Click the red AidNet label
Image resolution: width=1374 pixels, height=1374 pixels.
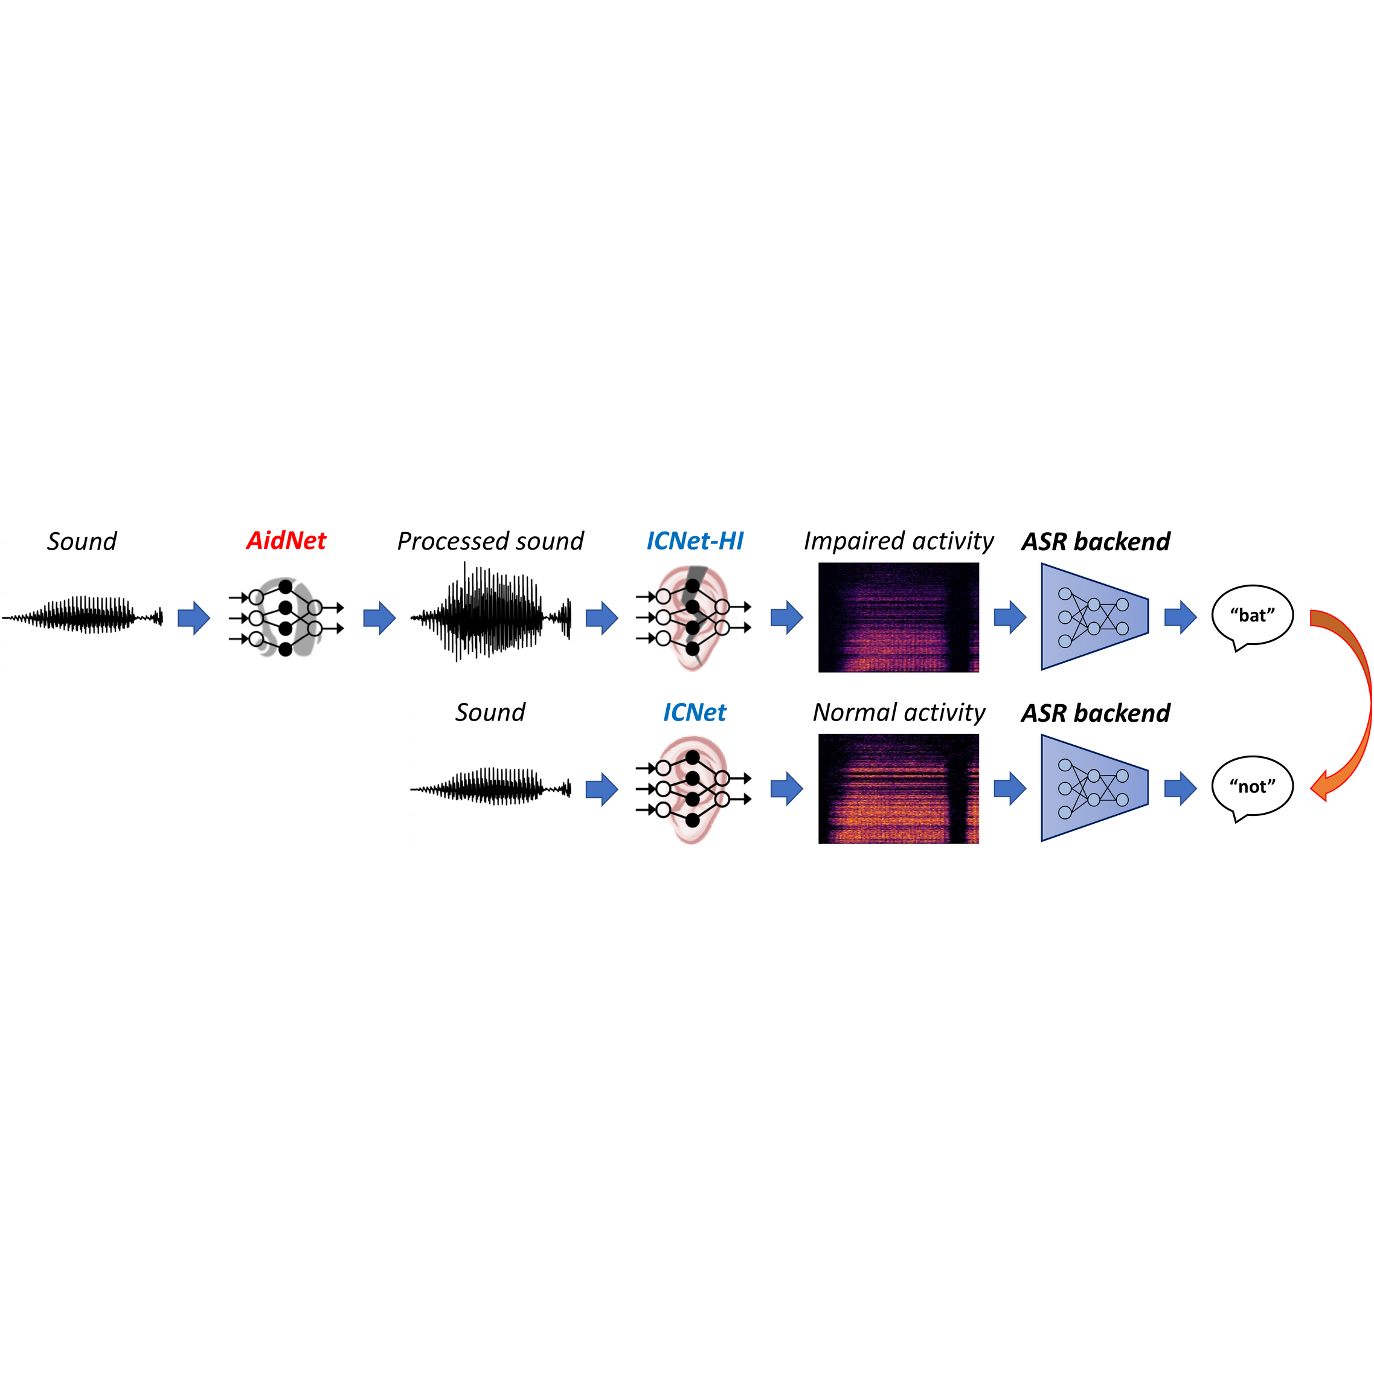coord(286,541)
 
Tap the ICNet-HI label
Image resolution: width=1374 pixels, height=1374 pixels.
coord(694,541)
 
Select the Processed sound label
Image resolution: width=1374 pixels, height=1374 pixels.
coord(490,541)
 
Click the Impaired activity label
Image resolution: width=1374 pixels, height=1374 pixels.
coord(898,541)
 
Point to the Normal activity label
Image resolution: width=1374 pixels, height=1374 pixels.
coord(899,713)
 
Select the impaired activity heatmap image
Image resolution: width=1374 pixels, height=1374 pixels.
coord(898,617)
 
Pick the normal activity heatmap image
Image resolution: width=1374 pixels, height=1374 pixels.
coord(898,789)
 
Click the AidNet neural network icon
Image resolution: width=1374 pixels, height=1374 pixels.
coord(286,617)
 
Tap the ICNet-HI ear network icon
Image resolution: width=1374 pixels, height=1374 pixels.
coord(693,617)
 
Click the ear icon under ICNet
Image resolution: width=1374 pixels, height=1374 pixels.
coord(693,789)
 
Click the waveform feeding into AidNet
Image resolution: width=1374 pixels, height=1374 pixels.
coord(83,616)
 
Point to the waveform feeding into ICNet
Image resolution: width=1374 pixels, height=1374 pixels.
coord(490,788)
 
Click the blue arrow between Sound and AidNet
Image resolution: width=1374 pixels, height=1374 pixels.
coord(193,617)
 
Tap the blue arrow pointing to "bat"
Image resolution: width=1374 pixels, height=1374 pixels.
coord(1181,617)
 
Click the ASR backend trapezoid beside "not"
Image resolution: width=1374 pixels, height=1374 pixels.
coord(1094,788)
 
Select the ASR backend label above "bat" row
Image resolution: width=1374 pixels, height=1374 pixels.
coord(1095,541)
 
